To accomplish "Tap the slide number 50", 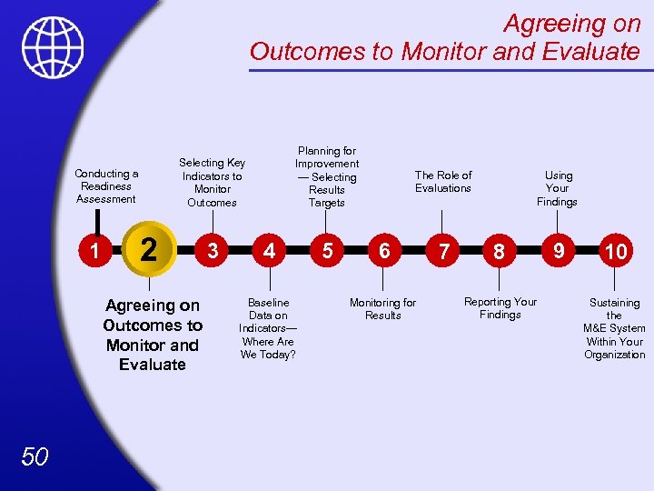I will point(35,456).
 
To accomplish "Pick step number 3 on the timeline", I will point(213,250).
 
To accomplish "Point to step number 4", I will point(269,250).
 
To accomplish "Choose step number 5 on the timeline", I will point(326,250).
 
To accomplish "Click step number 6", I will point(385,250).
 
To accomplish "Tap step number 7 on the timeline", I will point(443,252).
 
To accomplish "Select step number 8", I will point(499,252).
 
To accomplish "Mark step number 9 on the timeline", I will point(558,250).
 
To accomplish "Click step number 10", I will point(616,252).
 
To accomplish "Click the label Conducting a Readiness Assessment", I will point(106,186).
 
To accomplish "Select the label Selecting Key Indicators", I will point(212,183).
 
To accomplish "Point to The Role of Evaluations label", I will point(443,182).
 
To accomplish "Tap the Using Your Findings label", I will point(558,188).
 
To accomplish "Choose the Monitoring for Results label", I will point(383,309).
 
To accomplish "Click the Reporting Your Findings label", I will point(500,308).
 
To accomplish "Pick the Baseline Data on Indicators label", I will point(268,328).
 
